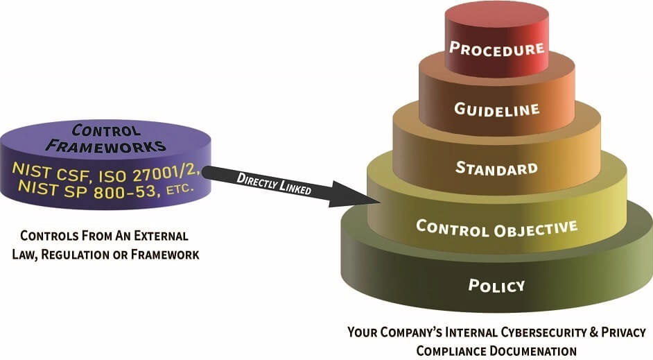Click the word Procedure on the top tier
pos(496,49)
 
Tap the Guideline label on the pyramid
pos(496,108)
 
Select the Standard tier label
pos(496,168)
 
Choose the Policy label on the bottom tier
pos(496,285)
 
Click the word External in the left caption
pos(160,237)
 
